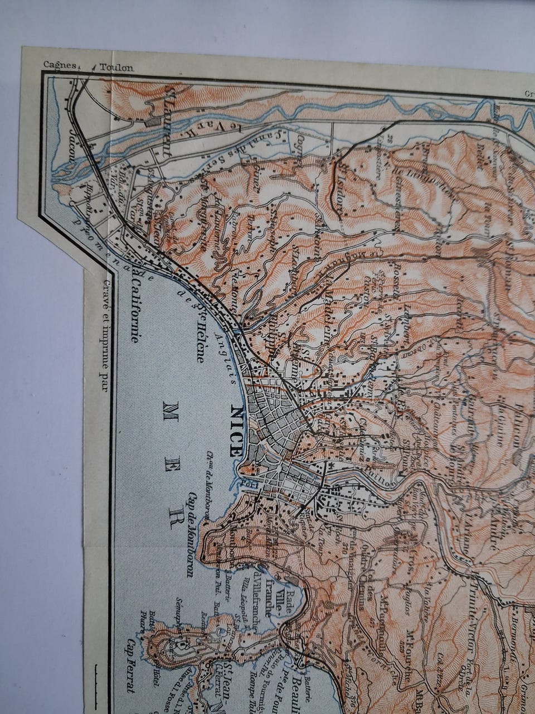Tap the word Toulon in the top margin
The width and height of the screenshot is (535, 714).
tap(117, 67)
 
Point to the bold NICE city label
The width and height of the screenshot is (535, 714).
tap(237, 431)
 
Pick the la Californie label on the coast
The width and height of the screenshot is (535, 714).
tap(134, 303)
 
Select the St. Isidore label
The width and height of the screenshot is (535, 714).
tap(341, 187)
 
